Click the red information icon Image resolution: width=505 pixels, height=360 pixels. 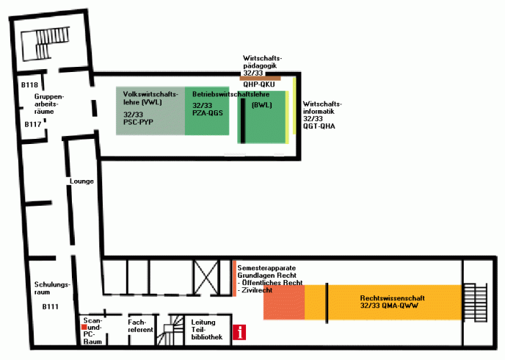click(239, 332)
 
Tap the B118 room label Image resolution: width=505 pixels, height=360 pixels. click(29, 84)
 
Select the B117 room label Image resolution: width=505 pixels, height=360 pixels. click(33, 124)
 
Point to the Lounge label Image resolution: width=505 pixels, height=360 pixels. click(81, 181)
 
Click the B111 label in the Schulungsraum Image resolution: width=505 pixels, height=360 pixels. click(51, 306)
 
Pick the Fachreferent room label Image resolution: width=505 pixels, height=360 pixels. click(140, 326)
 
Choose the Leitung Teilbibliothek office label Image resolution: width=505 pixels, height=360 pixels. click(207, 329)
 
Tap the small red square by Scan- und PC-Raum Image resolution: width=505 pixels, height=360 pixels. click(84, 327)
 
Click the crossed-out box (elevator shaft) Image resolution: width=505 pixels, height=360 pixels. click(206, 277)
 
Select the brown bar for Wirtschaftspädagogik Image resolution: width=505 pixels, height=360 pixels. click(261, 79)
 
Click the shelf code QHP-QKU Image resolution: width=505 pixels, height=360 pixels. click(259, 84)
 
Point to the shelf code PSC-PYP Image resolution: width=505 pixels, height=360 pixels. click(138, 122)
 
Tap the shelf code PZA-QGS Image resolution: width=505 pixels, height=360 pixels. click(208, 113)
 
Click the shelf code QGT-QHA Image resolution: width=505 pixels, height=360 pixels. click(319, 126)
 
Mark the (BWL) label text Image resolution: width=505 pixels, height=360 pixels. click(261, 105)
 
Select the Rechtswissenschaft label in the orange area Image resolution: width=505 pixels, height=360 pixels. click(392, 298)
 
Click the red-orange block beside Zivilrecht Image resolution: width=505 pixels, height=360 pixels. click(284, 302)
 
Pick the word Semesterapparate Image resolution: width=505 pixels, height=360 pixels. click(266, 268)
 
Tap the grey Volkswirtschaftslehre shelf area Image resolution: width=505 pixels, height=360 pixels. click(150, 110)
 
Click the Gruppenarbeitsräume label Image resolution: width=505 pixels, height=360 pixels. click(49, 104)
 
